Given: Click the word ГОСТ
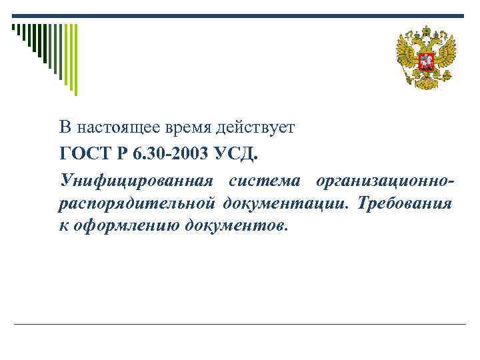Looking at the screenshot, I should coord(81,155).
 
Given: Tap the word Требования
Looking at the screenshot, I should coord(405,203).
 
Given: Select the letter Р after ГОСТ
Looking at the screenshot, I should coord(120,155).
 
